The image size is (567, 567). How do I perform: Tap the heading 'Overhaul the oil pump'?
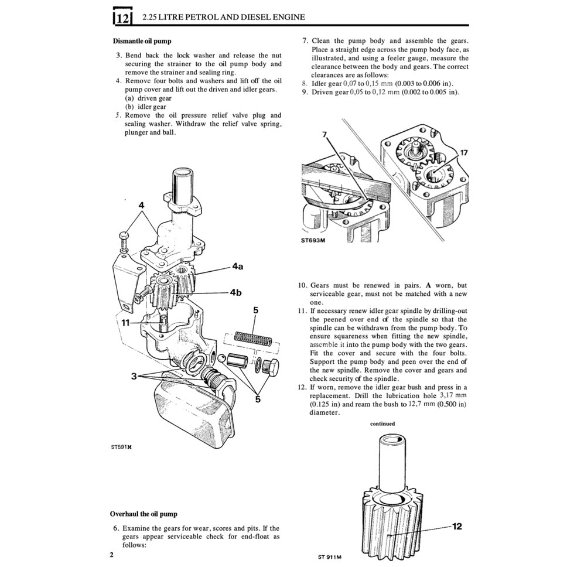[x=144, y=514]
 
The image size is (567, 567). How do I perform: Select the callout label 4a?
[x=237, y=266]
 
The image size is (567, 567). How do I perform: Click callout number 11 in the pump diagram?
[x=126, y=322]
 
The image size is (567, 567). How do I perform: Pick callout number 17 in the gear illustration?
[x=464, y=153]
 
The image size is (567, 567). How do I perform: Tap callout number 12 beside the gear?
[x=457, y=526]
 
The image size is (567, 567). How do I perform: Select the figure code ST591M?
[x=121, y=446]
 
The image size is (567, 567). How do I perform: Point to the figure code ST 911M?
[x=330, y=556]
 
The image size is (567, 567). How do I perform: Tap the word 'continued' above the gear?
[x=382, y=423]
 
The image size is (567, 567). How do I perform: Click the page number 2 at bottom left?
[x=111, y=554]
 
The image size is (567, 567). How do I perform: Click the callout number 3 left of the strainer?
[x=134, y=377]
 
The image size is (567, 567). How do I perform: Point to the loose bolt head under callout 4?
[x=124, y=237]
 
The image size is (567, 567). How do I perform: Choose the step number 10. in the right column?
[x=302, y=285]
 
